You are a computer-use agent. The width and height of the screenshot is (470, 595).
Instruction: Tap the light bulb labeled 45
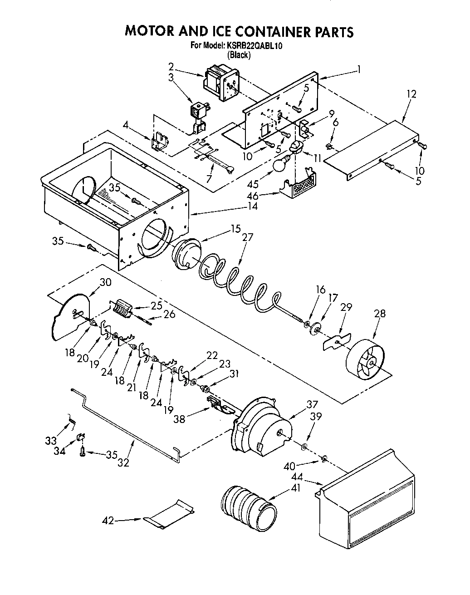280,164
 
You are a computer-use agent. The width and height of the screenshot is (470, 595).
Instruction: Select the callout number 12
411,94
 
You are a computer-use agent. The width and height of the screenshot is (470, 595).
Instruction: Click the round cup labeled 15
186,257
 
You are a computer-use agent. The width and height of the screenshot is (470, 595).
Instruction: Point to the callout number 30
105,282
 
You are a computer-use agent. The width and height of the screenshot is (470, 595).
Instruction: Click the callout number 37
312,404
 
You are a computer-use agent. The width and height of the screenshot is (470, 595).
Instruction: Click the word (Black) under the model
239,55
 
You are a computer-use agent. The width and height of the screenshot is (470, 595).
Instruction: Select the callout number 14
252,206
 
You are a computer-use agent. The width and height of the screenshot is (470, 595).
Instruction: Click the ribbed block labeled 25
122,309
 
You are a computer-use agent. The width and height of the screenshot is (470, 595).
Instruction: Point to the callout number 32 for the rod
123,462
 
